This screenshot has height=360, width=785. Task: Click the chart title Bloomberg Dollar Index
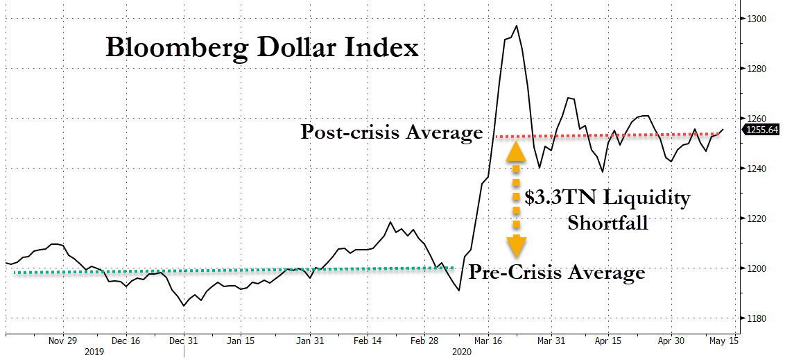pyautogui.click(x=261, y=48)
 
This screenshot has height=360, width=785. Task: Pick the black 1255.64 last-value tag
pyautogui.click(x=761, y=129)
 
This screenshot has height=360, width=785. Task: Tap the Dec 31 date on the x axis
pyautogui.click(x=184, y=341)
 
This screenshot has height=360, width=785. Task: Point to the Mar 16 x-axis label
pyautogui.click(x=489, y=341)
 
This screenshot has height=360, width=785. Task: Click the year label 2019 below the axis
pyautogui.click(x=94, y=352)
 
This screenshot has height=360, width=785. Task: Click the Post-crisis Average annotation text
pyautogui.click(x=391, y=132)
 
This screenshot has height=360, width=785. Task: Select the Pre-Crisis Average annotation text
pyautogui.click(x=556, y=273)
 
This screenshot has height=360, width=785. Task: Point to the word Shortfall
pyautogui.click(x=607, y=223)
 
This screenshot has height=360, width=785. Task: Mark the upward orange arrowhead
pyautogui.click(x=516, y=151)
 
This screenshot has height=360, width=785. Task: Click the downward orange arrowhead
pyautogui.click(x=516, y=246)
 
